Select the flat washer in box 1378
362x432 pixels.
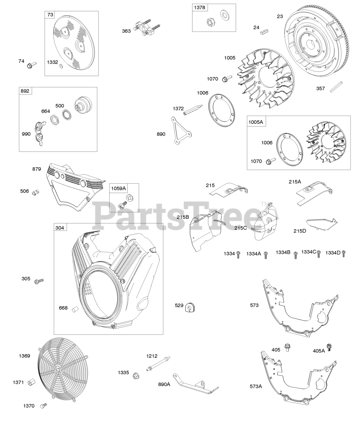coord(224,15)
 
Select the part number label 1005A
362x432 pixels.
coord(256,122)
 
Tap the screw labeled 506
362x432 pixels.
coord(35,193)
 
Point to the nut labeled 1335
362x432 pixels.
coord(135,375)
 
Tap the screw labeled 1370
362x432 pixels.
coord(43,405)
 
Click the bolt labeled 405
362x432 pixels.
coord(288,347)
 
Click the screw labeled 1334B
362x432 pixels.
coord(296,255)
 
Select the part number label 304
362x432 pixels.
coord(60,228)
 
